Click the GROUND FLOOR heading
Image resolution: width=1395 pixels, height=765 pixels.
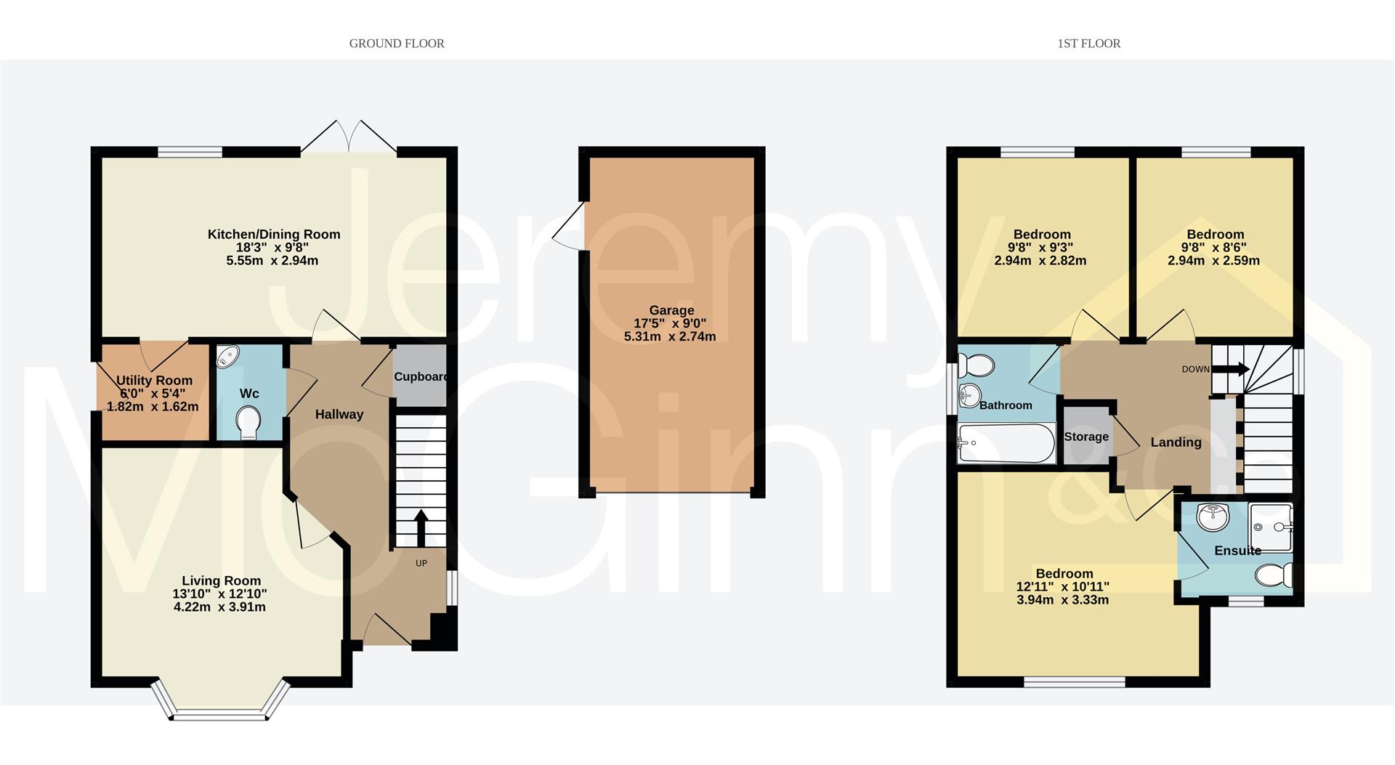397,44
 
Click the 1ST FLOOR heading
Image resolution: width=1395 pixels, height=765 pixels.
1088,44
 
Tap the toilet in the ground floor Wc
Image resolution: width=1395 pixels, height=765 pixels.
248,423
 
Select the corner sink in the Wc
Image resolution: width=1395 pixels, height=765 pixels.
228,357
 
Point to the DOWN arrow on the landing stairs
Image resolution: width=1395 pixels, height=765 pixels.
1232,370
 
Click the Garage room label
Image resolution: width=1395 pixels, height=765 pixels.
671,310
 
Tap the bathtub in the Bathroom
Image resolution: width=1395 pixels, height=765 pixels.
1006,444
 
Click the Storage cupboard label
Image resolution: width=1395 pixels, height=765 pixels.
1086,437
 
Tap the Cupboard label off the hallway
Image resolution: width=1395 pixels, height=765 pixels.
420,376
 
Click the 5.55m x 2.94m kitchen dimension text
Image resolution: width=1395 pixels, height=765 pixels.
272,260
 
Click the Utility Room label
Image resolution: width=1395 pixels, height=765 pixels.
154,380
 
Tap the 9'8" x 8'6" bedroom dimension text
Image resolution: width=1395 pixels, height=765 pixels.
1215,247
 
